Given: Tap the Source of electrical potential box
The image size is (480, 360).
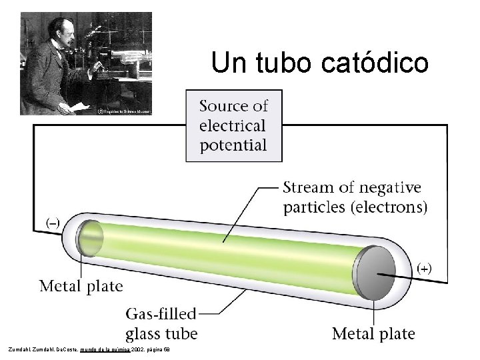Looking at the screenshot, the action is (233, 125).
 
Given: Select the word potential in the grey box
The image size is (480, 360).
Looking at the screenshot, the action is (233, 145).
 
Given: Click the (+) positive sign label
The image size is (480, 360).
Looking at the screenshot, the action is (424, 268).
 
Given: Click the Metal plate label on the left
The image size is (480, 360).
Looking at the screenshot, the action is (81, 287).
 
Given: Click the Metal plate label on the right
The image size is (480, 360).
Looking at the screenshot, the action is (373, 333).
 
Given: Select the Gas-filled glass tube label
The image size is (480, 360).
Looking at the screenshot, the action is (161, 323).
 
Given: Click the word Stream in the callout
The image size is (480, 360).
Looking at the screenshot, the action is (308, 187).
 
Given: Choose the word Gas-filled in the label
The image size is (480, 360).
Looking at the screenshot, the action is (161, 313).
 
